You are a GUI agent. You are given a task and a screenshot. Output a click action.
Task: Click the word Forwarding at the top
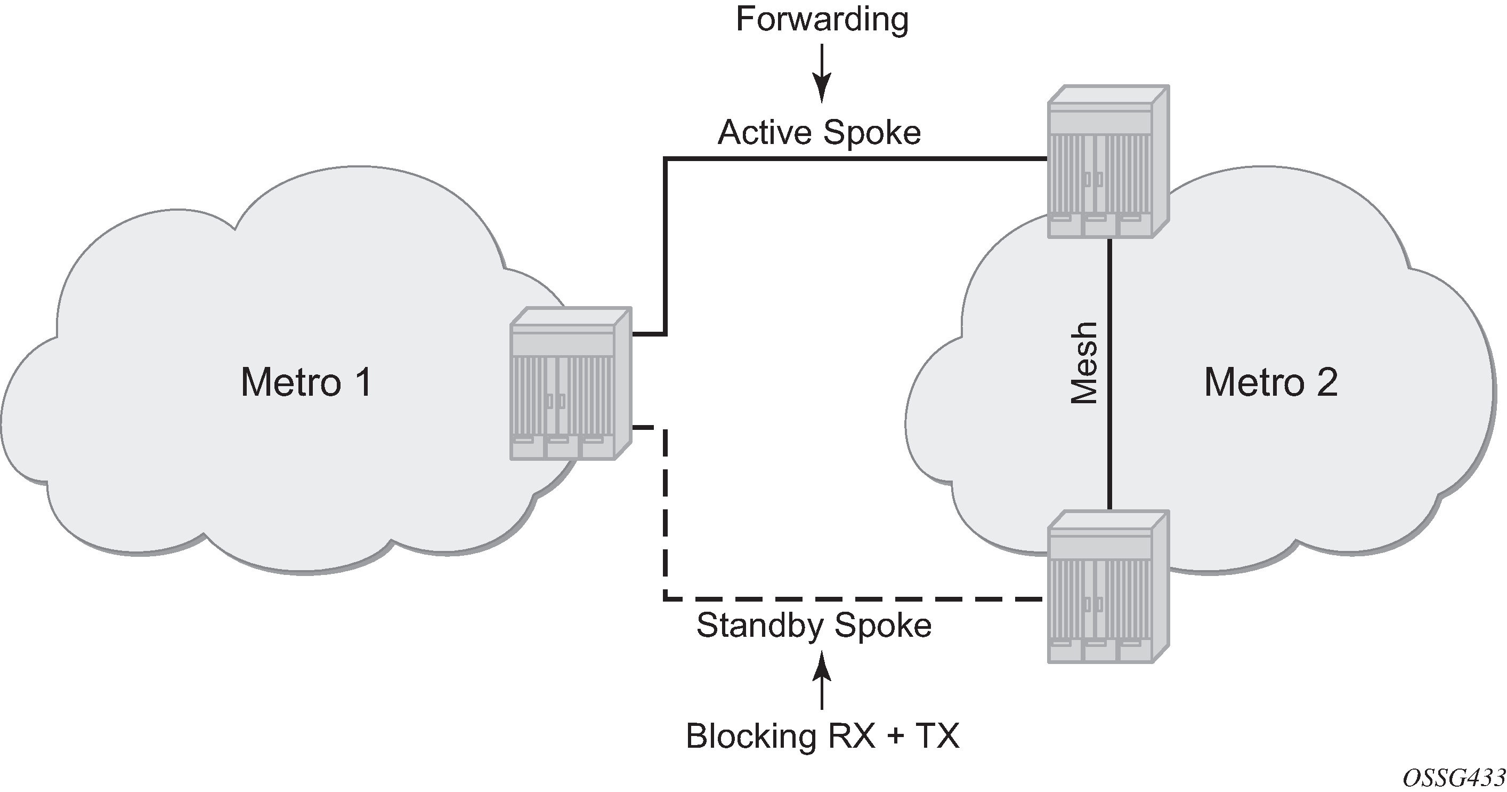(x=822, y=19)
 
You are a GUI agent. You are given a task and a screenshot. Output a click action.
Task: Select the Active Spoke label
(x=819, y=133)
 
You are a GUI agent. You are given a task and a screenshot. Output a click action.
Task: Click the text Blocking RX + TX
(x=823, y=736)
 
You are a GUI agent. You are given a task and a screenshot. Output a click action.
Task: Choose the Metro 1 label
(x=306, y=382)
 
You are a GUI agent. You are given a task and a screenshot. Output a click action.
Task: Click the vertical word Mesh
(x=1084, y=363)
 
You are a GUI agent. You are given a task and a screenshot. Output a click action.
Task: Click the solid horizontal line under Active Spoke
(x=854, y=158)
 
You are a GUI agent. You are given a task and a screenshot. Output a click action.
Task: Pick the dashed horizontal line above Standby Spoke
(x=854, y=599)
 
